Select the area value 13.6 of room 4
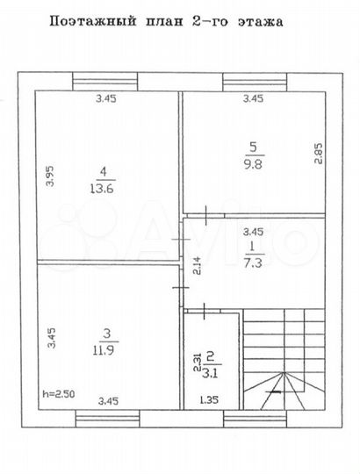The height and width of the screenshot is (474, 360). [x=104, y=186]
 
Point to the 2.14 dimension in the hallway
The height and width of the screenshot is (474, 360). [x=196, y=263]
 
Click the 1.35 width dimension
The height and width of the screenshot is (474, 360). [x=209, y=400]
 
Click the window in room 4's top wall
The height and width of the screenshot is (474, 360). [x=106, y=83]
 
